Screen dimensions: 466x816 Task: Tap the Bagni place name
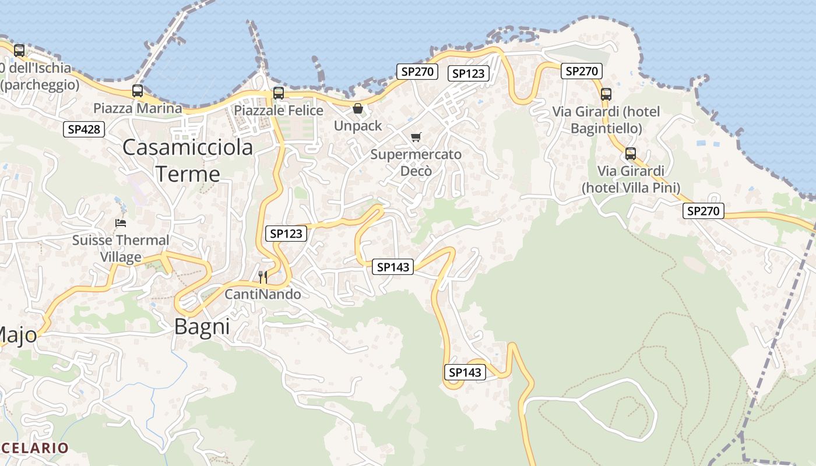coord(202,327)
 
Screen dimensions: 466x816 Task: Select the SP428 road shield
coord(84,129)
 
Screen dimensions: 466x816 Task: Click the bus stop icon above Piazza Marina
coord(138,91)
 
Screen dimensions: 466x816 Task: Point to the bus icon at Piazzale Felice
coord(279,93)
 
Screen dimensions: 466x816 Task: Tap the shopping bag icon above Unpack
coord(358,108)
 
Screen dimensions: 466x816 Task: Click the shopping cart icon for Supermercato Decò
coord(416,137)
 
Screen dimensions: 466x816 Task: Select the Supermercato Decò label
coord(416,163)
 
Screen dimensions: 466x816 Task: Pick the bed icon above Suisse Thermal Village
coord(121,223)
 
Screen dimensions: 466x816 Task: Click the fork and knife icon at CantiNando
coord(263,277)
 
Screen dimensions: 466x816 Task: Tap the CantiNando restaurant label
coord(263,294)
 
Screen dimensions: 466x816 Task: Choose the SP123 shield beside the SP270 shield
coord(468,73)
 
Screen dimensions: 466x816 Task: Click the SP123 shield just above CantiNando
coord(286,234)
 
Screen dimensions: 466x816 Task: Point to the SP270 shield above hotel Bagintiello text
coord(582,71)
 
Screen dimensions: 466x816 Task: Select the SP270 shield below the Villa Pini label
coord(704,211)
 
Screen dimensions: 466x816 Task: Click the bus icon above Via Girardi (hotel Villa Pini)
coord(630,154)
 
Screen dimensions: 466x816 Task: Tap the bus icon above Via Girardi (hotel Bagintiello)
coord(606,94)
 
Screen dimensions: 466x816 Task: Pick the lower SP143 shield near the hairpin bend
coord(465,372)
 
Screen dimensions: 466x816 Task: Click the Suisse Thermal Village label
coord(121,248)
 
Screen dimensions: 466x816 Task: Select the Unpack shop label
coord(358,126)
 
